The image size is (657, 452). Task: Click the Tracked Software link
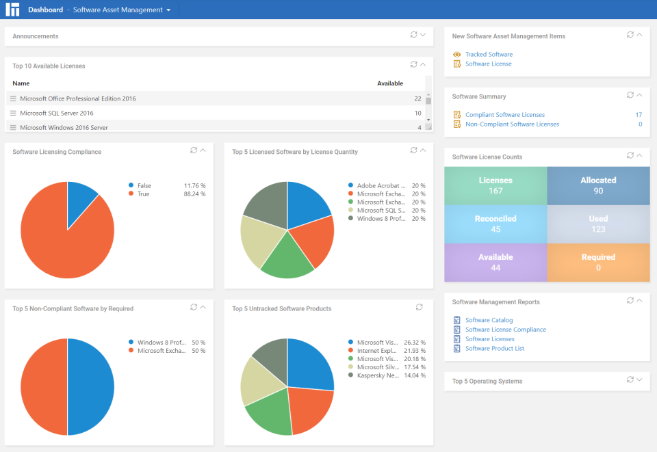[489, 54]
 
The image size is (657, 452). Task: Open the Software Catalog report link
[489, 320]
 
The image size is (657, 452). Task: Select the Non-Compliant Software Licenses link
[512, 124]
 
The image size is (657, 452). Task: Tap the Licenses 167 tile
[495, 186]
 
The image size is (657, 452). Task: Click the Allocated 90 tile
[598, 186]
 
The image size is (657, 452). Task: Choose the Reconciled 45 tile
[495, 224]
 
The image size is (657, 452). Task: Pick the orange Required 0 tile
[598, 263]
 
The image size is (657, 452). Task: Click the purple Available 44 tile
[495, 263]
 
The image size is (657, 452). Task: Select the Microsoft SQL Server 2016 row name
[57, 114]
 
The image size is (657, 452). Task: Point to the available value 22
[417, 98]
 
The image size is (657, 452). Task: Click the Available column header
[390, 83]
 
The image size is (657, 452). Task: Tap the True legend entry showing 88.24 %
[144, 194]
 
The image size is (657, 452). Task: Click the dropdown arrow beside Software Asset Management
[168, 10]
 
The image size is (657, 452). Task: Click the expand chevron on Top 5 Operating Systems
[639, 380]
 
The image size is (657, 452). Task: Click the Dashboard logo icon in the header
[12, 10]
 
